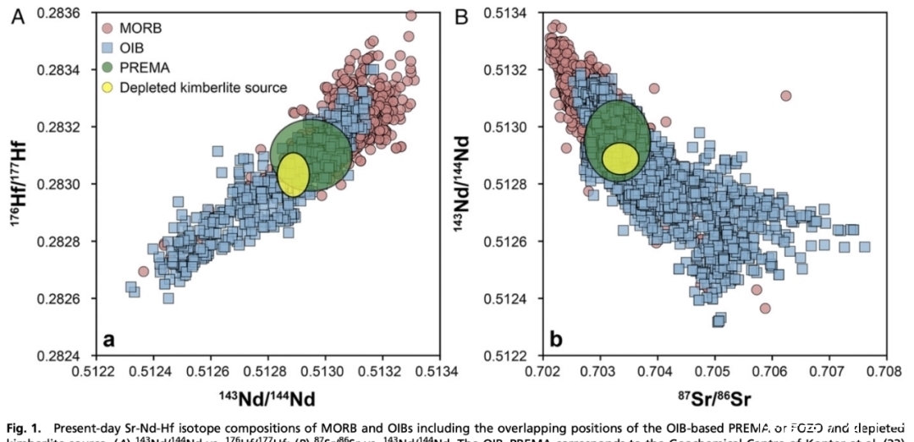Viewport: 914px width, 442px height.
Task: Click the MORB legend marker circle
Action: [107, 28]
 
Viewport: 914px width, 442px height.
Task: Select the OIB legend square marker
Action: [107, 47]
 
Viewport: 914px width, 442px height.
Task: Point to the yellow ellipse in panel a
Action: [294, 175]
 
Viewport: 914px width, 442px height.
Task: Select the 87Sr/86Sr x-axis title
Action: [713, 395]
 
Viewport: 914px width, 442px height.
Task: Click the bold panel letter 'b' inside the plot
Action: [556, 340]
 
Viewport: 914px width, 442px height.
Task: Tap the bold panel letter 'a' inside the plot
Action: [108, 340]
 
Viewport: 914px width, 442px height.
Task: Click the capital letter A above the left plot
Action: [16, 14]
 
